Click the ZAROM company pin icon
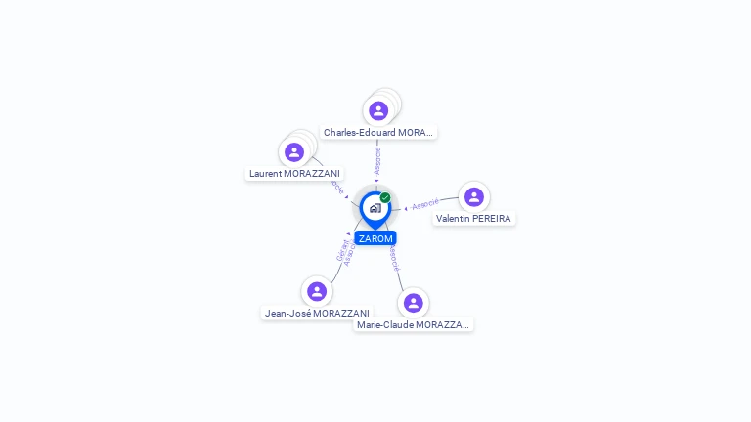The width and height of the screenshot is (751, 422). (375, 208)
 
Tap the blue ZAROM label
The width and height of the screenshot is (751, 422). (375, 238)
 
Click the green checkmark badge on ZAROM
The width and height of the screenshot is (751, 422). (385, 198)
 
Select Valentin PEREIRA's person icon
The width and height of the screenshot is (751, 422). (474, 197)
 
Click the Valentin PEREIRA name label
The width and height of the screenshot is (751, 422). (473, 219)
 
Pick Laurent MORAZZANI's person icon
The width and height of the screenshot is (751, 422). (293, 152)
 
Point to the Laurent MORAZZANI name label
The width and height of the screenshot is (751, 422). (294, 174)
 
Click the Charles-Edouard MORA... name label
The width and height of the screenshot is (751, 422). (379, 132)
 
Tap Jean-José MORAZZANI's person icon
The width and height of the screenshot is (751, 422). (316, 291)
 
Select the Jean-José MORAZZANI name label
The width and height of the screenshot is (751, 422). (317, 314)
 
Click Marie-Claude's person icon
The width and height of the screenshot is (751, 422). (414, 303)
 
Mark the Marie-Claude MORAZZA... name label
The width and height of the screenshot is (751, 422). (414, 324)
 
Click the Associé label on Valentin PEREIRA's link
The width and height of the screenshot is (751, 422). (425, 204)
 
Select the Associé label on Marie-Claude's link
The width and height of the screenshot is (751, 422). (393, 258)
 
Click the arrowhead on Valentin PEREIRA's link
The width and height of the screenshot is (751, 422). (406, 208)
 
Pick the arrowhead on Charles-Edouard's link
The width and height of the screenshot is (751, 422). (376, 181)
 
